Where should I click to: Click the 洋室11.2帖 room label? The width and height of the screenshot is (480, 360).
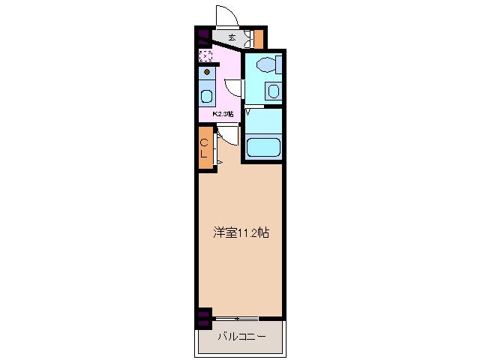239,233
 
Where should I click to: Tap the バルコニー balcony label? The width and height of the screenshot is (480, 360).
241,337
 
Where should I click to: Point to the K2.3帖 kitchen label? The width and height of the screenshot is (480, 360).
223,114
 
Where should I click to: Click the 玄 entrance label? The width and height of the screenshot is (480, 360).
232,37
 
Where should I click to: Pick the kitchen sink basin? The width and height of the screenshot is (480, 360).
206,97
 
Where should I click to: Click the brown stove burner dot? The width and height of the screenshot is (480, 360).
206,73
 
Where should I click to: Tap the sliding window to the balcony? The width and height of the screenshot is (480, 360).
247,319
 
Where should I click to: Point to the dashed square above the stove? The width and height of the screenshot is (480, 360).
205,55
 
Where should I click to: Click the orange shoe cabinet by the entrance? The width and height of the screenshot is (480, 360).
259,37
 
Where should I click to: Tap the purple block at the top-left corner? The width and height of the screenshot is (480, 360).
202,34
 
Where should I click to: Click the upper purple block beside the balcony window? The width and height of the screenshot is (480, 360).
203,313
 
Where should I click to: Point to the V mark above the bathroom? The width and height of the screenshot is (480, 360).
247,112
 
